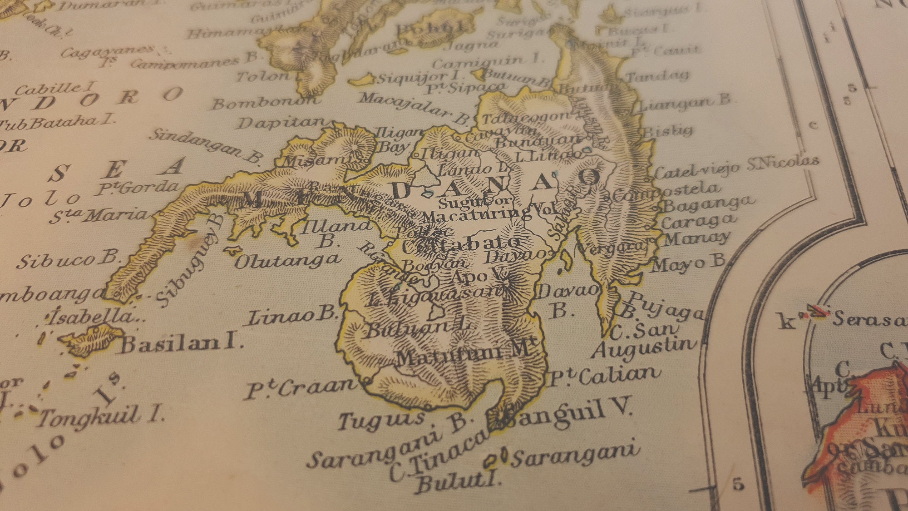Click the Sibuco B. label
click(68, 259)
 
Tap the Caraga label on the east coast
click(697, 222)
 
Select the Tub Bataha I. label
click(57, 121)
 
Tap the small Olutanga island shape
click(232, 250)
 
